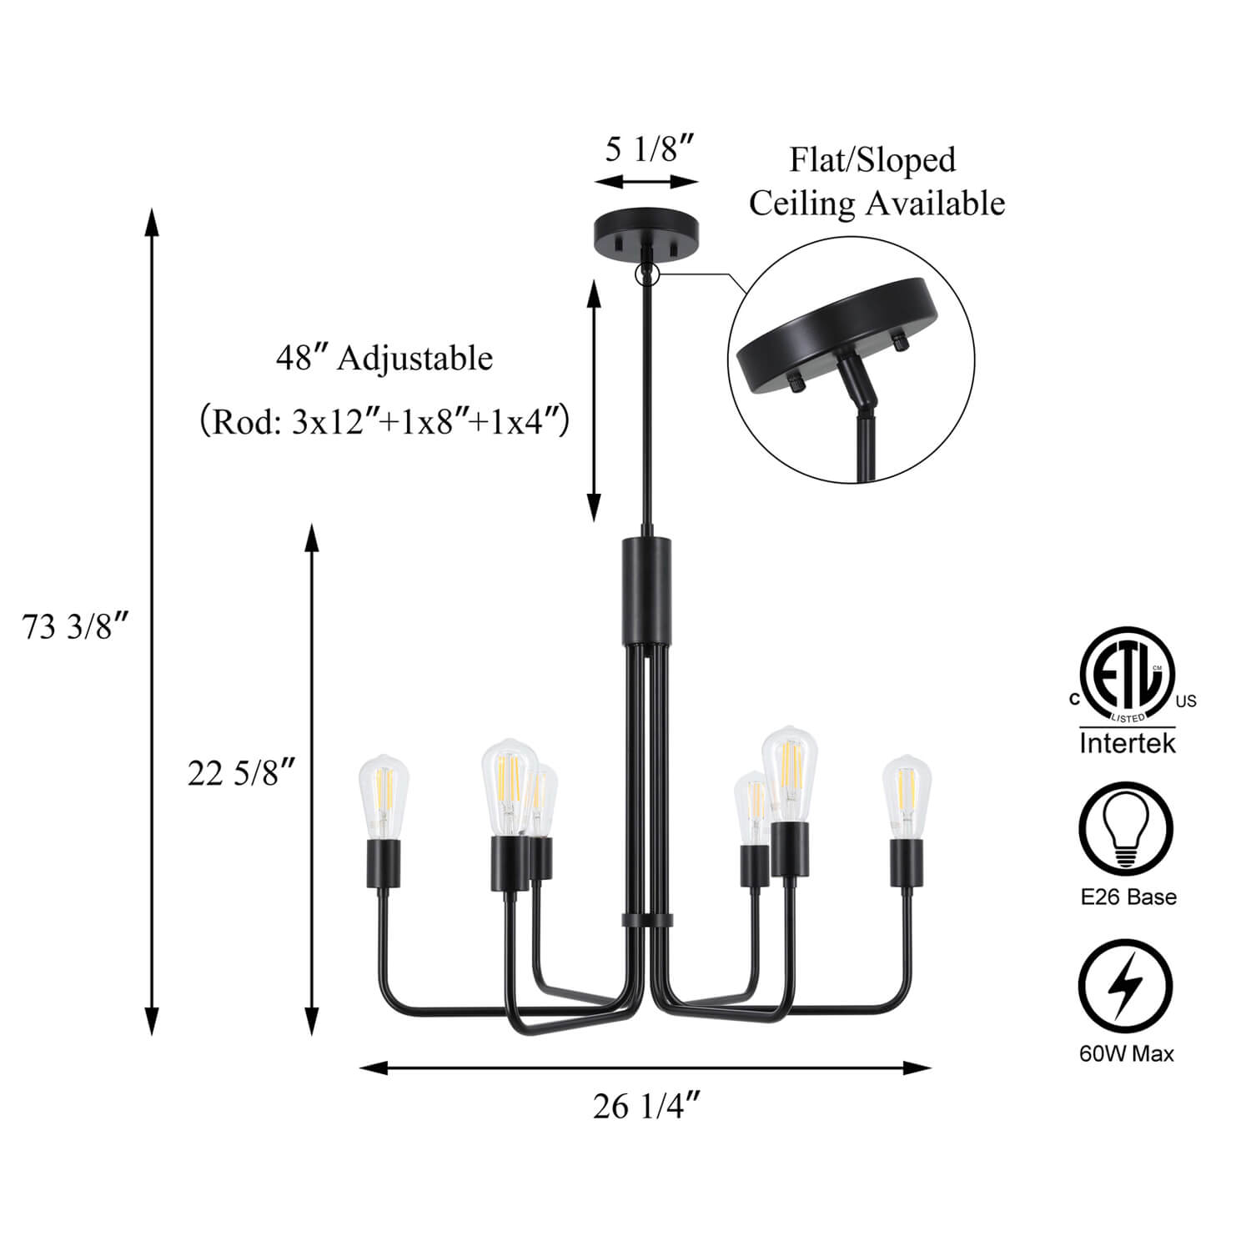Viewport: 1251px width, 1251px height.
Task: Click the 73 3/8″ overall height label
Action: tap(76, 626)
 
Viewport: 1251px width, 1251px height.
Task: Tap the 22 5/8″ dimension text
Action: tap(242, 774)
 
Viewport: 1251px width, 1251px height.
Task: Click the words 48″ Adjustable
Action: tap(384, 359)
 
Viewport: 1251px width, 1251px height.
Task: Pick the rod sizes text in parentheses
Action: tap(384, 423)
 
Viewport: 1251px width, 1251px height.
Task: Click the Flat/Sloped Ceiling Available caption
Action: tap(876, 181)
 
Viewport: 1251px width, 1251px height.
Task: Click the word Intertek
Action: tap(1127, 742)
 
